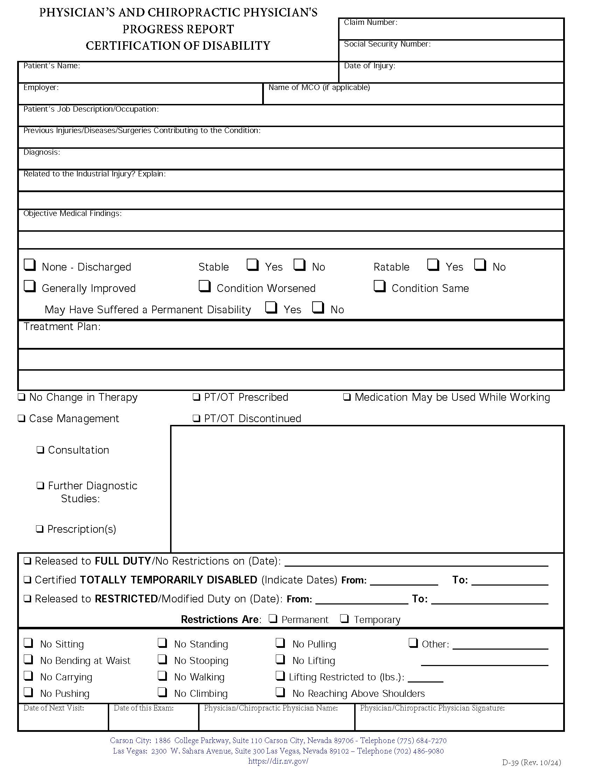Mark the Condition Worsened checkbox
click(x=204, y=286)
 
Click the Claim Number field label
click(x=370, y=22)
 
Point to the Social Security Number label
click(x=387, y=44)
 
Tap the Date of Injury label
click(x=369, y=66)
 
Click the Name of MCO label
click(x=318, y=87)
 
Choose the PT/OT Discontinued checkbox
click(x=196, y=419)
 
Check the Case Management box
click(x=22, y=419)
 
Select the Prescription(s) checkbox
click(x=40, y=529)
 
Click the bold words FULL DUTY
click(x=122, y=561)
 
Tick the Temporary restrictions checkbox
click(x=344, y=618)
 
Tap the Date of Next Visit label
click(x=54, y=708)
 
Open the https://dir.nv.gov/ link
click(x=278, y=761)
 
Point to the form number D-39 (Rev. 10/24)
click(x=531, y=763)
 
